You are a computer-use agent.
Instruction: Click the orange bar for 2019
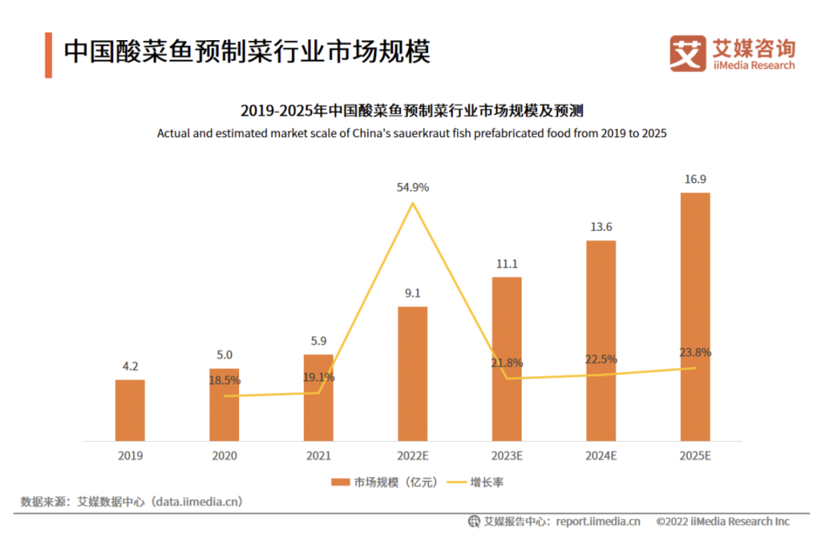point(129,409)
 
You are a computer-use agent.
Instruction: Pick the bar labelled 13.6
point(601,340)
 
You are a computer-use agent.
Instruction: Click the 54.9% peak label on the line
point(412,187)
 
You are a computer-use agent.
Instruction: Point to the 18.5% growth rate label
point(225,381)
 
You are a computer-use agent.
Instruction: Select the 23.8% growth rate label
point(695,353)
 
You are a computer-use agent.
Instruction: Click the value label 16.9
point(695,179)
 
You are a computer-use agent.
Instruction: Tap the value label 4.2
point(129,366)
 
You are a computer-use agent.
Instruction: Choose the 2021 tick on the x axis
point(318,456)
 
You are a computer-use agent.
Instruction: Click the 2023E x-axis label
point(507,456)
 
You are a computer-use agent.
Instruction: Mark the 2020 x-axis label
point(225,456)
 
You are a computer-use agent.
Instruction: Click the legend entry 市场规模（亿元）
point(375,482)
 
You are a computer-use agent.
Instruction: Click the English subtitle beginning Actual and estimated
point(412,133)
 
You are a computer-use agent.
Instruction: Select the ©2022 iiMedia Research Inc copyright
point(722,521)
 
